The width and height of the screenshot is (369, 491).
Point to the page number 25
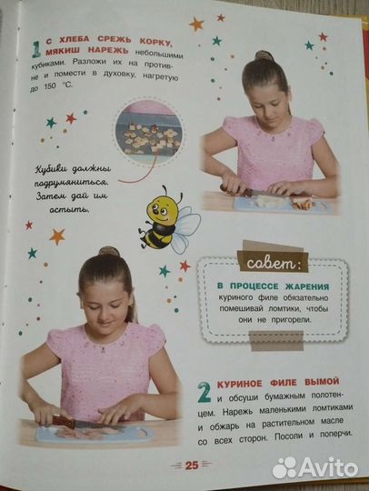click(x=191, y=466)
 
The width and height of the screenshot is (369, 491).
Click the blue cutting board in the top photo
click(x=264, y=202)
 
